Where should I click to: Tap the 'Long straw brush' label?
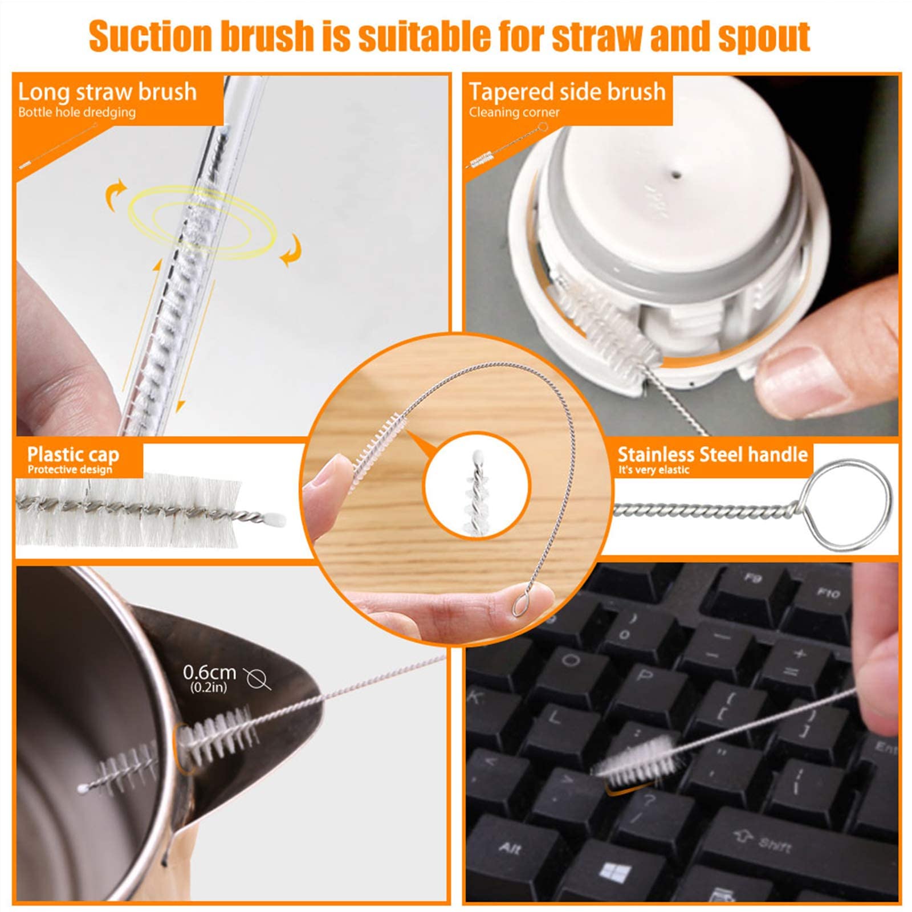point(107,92)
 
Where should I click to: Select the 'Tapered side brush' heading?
point(567,92)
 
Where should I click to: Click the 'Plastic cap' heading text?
point(73,454)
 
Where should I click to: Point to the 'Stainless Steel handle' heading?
point(712,454)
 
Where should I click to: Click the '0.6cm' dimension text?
point(209,673)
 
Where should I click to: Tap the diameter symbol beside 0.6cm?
point(256,678)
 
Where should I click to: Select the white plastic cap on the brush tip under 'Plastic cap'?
point(275,519)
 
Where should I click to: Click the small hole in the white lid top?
point(676,169)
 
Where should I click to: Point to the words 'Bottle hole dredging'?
point(77,112)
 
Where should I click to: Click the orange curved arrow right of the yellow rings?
point(291,251)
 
